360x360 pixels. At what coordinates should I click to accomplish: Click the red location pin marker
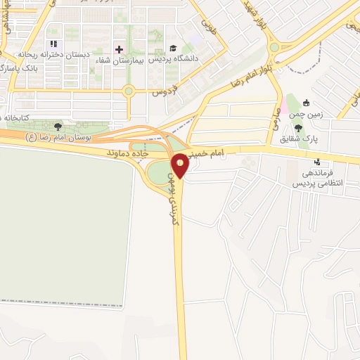click(181, 165)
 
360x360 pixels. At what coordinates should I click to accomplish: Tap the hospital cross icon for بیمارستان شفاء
click(119, 49)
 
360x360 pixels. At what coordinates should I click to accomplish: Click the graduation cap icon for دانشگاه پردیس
click(173, 48)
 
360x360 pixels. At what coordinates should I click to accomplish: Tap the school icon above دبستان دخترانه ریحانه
click(53, 44)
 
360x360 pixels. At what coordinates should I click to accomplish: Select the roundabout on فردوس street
click(128, 90)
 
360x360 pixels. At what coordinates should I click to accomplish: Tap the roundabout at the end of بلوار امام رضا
click(274, 49)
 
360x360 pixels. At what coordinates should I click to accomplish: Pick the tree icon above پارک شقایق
click(299, 127)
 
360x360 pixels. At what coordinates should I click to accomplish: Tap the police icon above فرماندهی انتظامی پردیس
click(316, 160)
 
